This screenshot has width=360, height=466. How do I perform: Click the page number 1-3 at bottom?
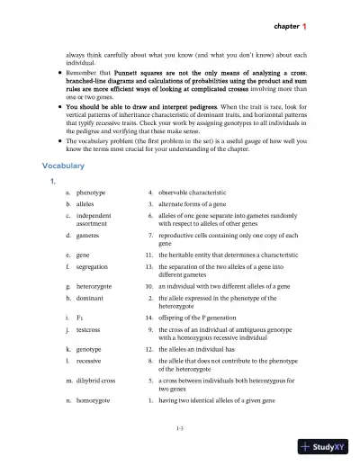click(181, 432)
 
